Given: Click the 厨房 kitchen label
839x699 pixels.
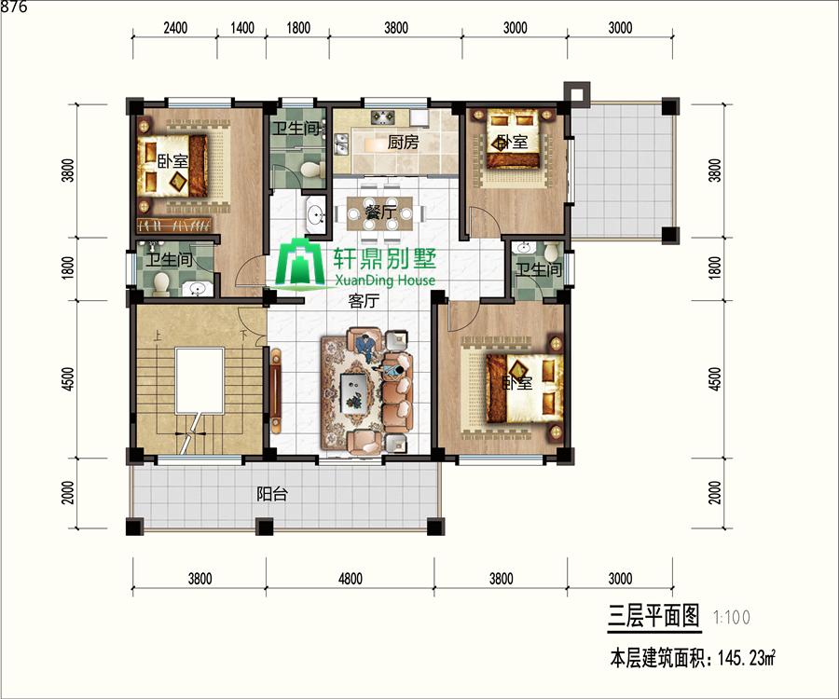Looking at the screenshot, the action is (x=403, y=143).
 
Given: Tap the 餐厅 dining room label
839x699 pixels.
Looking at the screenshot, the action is (x=380, y=212).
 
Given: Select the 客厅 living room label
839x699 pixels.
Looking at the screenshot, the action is (x=364, y=300).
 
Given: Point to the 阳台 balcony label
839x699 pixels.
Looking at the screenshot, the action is (x=272, y=494).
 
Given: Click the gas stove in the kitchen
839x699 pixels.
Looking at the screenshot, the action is (x=383, y=117).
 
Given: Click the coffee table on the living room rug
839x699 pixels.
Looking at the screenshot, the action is (x=353, y=392).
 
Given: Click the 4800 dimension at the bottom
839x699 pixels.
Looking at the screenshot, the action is (x=351, y=579).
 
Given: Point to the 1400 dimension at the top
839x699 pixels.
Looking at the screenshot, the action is (x=241, y=28).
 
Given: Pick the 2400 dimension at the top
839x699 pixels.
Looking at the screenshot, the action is (x=175, y=28).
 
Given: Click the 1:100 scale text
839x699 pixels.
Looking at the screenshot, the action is (x=732, y=618).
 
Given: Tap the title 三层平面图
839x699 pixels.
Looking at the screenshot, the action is (x=653, y=615).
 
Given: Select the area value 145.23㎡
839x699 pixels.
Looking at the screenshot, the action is (x=747, y=658).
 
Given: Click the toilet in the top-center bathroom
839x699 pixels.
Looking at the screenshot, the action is (x=312, y=170).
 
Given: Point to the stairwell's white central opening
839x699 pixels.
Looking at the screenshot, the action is (x=199, y=380).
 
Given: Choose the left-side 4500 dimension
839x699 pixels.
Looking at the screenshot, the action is (x=68, y=378).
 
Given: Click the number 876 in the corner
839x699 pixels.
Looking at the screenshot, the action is (x=14, y=7).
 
